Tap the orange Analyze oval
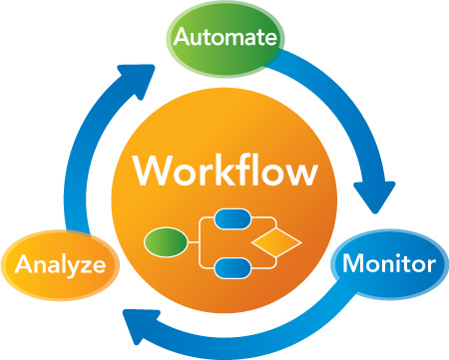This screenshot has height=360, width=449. point(60,266)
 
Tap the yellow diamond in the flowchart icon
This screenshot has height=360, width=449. point(276,242)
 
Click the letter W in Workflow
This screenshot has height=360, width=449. point(153,171)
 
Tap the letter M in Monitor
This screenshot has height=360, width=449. point(352,265)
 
